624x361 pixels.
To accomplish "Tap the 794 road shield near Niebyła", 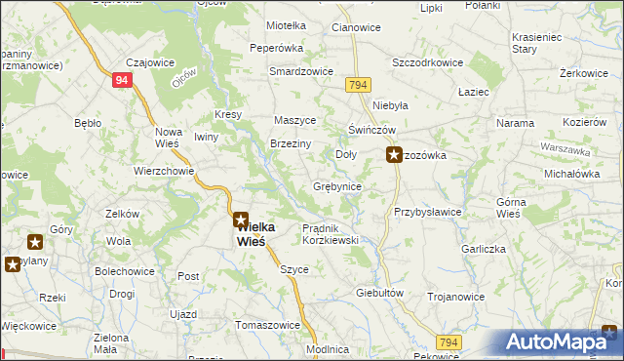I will point(358,86).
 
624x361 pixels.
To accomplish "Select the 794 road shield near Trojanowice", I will point(448,341).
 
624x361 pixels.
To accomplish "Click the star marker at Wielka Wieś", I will point(240,221).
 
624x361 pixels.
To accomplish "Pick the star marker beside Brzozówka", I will point(395,154).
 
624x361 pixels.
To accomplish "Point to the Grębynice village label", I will point(337,185).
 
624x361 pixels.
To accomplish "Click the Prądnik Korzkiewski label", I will point(331,233).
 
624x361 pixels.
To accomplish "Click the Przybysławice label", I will point(427,211).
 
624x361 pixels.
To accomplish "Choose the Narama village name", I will point(515,123).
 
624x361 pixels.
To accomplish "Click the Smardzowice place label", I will point(301,72).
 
